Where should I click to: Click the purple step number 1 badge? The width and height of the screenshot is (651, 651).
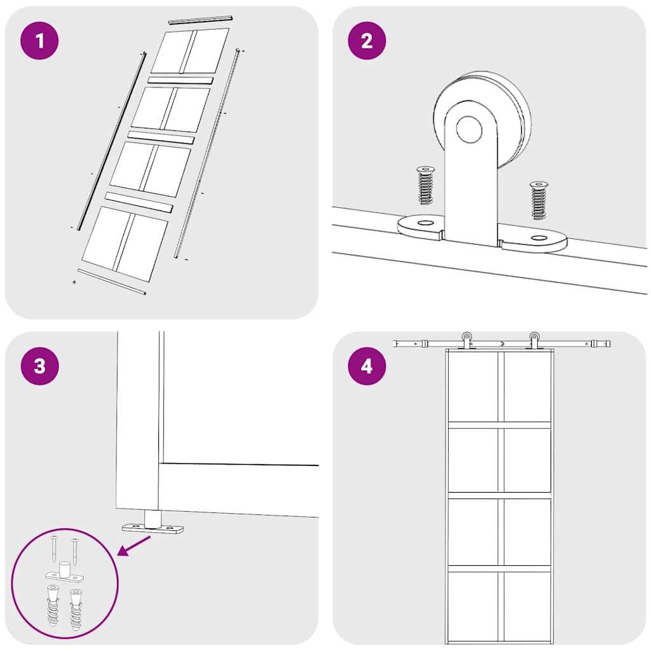pos(39,41)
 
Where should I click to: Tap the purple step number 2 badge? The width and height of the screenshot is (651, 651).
pos(367,41)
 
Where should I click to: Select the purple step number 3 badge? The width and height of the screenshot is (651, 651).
pos(39,367)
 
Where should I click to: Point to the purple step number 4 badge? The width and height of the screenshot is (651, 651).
pos(367,367)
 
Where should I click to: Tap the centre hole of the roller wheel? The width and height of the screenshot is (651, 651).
pos(469,129)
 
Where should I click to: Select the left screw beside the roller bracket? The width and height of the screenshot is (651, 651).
pos(425,185)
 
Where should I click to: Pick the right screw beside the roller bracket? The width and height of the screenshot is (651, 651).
pos(538,200)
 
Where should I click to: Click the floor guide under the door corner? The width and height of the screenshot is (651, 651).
pos(153,525)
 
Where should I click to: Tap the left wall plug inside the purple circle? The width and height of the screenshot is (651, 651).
pos(52,607)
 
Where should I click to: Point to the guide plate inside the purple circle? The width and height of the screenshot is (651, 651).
pos(64,576)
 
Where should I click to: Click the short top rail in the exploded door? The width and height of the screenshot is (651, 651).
pos(200,20)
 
